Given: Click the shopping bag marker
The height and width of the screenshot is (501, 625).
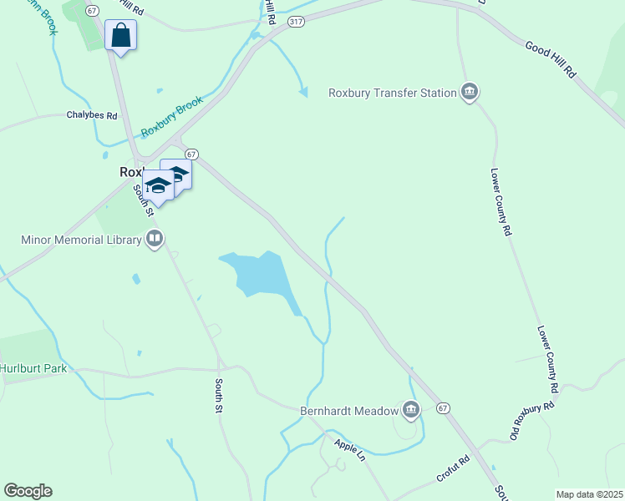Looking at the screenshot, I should (x=121, y=36).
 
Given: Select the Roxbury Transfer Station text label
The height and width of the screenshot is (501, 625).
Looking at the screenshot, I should (x=392, y=93).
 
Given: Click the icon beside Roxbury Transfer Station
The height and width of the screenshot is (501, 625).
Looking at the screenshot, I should (x=470, y=92).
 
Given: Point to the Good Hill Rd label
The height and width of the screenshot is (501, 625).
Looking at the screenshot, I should (x=551, y=59).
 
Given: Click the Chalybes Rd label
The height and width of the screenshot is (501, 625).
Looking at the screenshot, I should (x=92, y=115).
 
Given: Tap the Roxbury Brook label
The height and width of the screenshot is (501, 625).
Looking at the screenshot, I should (x=171, y=117).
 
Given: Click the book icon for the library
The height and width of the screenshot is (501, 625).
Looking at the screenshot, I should (x=154, y=240).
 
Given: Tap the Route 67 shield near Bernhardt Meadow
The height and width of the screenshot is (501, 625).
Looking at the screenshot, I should (x=443, y=407).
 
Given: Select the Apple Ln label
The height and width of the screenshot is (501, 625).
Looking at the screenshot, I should (x=350, y=450).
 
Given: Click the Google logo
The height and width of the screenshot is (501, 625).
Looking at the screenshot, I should (x=28, y=491).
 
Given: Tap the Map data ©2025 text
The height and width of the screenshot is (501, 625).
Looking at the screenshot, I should (x=589, y=494).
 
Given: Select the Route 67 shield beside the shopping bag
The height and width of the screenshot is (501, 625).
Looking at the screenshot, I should (x=92, y=10).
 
